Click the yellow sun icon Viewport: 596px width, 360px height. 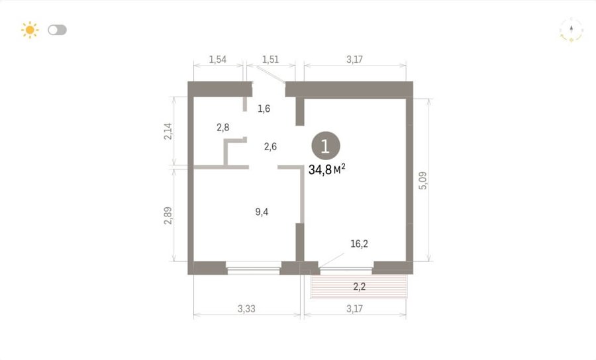click(x=30, y=30)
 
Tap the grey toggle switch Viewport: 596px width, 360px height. click(x=58, y=30)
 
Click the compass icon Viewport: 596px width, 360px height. click(x=571, y=30)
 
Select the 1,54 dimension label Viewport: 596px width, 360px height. click(x=218, y=60)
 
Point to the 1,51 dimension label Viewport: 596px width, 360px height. click(x=270, y=60)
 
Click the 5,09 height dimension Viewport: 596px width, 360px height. click(x=422, y=181)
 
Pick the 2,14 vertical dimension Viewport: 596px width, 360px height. click(x=168, y=132)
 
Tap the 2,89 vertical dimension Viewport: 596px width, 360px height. click(x=168, y=215)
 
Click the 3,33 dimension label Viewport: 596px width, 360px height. click(x=247, y=309)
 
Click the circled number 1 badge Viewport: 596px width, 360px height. click(x=326, y=146)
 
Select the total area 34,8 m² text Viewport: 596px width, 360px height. click(x=327, y=169)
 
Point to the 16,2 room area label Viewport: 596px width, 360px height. click(x=359, y=244)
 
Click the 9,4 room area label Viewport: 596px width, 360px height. click(x=262, y=212)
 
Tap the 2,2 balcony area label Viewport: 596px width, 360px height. click(x=359, y=287)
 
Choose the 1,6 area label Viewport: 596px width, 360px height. click(x=264, y=109)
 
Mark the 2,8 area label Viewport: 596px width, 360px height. click(x=223, y=127)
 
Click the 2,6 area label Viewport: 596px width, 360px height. click(x=270, y=147)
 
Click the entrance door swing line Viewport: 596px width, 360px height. click(x=271, y=74)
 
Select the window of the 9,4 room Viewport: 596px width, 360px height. click(x=254, y=268)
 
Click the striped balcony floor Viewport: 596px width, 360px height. click(x=359, y=287)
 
